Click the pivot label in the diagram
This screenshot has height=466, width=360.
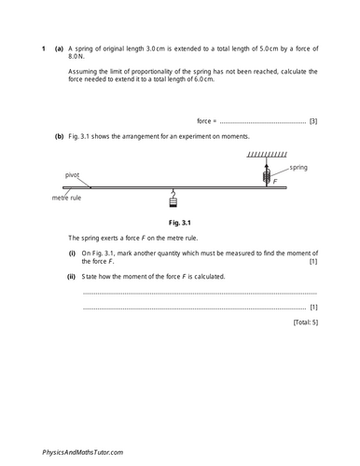click(x=73, y=174)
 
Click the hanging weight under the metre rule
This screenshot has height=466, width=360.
click(x=173, y=199)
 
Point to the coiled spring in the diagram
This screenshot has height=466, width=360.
click(x=267, y=173)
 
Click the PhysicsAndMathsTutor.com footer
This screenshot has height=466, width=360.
click(x=82, y=451)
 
